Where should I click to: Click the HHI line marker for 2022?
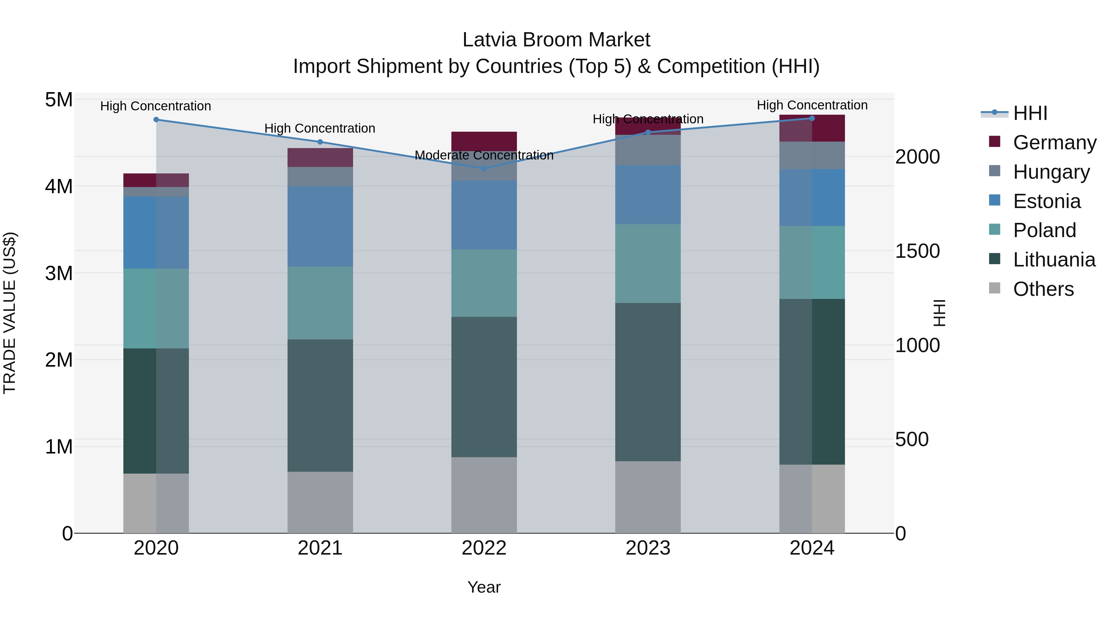pos(484,168)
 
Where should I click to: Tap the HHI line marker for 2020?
pos(156,120)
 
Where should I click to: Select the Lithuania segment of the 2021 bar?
pos(320,405)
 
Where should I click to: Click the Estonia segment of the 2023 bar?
pos(648,194)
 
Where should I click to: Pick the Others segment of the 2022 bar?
pos(484,495)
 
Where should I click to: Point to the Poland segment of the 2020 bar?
pos(156,309)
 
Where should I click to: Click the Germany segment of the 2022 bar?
pos(484,141)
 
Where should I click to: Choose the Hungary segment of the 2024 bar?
pos(812,155)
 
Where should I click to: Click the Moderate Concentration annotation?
pos(484,155)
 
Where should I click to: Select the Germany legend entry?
pos(1054,143)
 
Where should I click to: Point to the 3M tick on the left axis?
pos(59,273)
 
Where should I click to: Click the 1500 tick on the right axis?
pos(917,251)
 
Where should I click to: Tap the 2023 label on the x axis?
pos(648,548)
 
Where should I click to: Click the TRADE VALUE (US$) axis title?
pos(10,313)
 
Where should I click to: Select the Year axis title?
pos(484,587)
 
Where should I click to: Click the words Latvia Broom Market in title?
pos(556,40)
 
